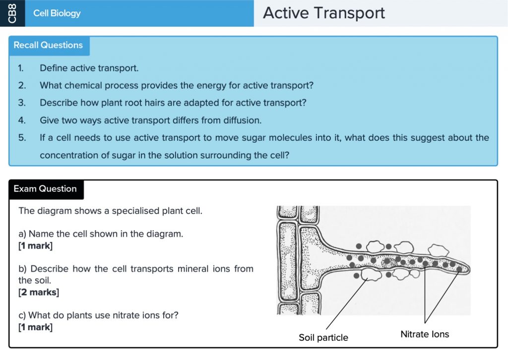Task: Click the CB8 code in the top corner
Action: (12, 13)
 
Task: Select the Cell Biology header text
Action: (57, 13)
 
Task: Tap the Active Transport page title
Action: (323, 13)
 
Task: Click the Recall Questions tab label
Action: (48, 45)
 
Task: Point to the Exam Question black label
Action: (45, 189)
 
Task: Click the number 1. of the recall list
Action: (21, 68)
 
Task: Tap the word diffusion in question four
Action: (242, 120)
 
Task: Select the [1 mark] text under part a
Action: (35, 245)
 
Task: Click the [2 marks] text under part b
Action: (39, 292)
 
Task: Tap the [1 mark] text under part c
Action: (35, 327)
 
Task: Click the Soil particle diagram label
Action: (323, 338)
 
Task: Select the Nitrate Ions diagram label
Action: (425, 334)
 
